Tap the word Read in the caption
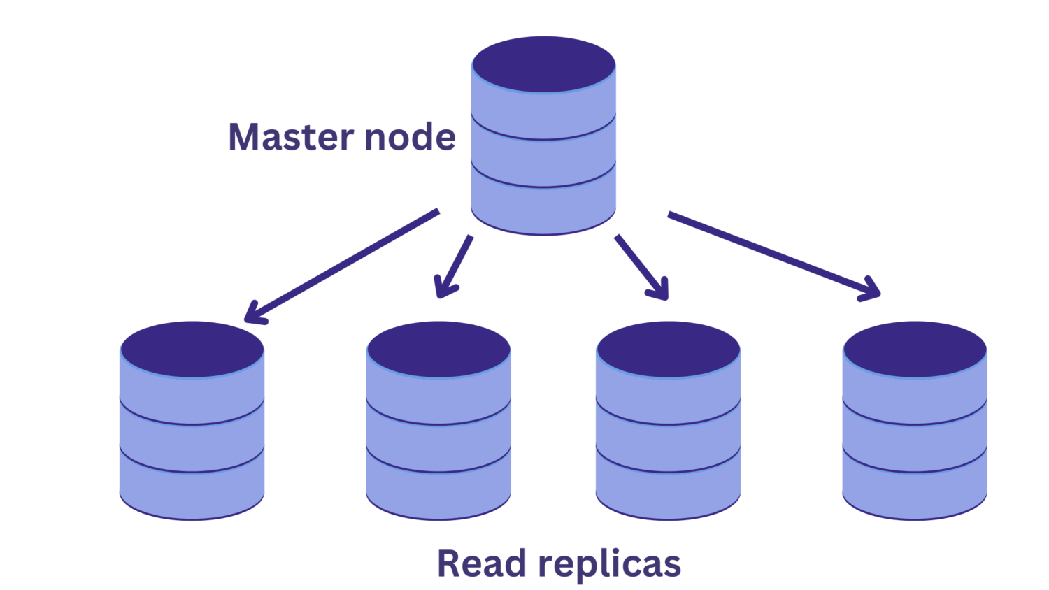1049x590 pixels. [x=481, y=563]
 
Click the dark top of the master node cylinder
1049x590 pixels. [x=543, y=64]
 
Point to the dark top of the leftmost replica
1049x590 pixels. [x=192, y=349]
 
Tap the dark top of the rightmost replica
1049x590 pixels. [x=915, y=349]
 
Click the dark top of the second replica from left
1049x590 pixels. [x=438, y=349]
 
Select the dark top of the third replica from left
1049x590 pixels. [x=669, y=349]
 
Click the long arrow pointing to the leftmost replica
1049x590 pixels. [x=343, y=266]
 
